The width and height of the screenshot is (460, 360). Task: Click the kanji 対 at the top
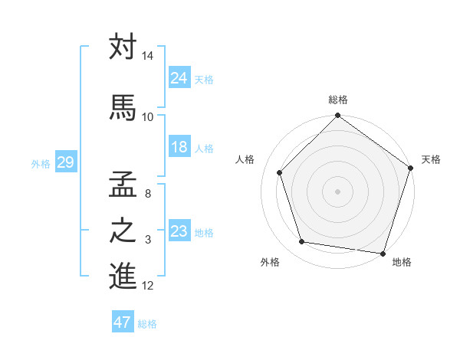[x=123, y=47]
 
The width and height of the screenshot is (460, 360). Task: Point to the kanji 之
[x=123, y=231]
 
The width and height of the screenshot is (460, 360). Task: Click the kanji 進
[x=123, y=276]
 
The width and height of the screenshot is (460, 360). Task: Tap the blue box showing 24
[x=179, y=77]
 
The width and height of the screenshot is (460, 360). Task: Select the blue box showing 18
[x=179, y=147]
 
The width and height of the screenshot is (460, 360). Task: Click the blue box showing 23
[x=179, y=231]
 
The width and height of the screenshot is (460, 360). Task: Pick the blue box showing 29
[x=65, y=162]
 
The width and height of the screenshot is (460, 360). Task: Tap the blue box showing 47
[x=123, y=322]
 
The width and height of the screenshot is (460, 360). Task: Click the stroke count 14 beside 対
[x=148, y=57]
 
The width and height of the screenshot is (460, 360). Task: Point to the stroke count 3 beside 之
[x=148, y=241]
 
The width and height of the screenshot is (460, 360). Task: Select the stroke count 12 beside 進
[x=148, y=286]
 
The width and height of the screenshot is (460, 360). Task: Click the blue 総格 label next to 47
[x=147, y=324]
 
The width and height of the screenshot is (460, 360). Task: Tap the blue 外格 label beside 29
[x=40, y=163]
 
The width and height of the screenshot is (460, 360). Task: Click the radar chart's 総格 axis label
[x=338, y=100]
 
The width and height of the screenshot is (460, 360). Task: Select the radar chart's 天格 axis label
[x=432, y=159]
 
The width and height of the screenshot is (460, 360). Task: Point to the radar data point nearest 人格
[x=280, y=172]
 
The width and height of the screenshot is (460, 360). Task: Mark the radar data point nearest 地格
[x=384, y=253]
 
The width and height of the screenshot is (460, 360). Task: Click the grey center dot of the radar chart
[x=338, y=191]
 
